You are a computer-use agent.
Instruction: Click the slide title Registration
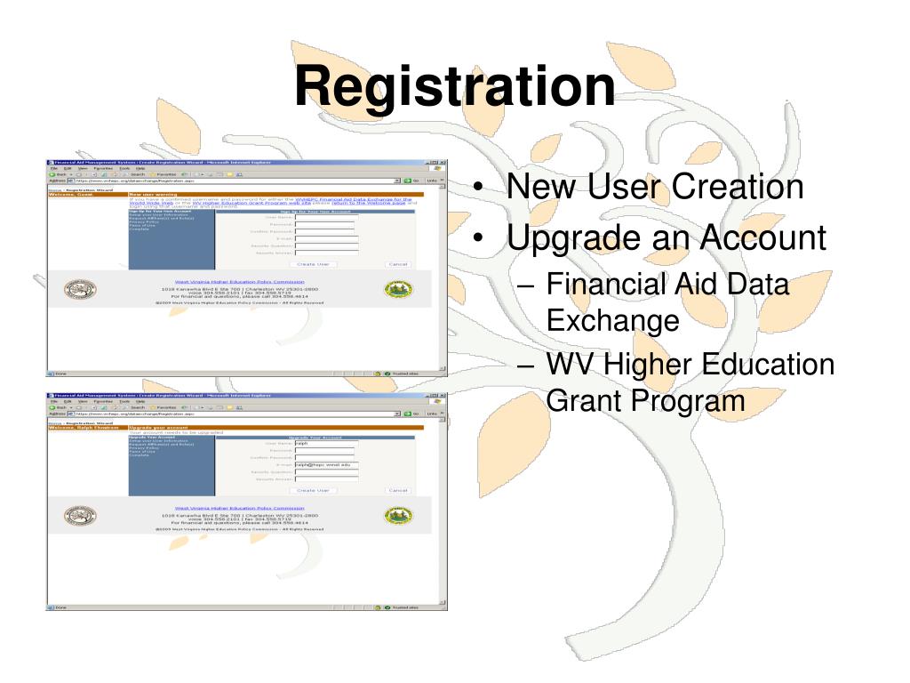[455, 87]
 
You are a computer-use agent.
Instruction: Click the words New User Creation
[655, 188]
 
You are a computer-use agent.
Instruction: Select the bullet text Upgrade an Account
[667, 238]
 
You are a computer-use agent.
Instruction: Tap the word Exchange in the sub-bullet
[612, 318]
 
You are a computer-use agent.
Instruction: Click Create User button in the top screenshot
[313, 264]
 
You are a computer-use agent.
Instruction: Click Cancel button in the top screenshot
[397, 264]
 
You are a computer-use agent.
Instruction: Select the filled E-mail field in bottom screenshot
[325, 464]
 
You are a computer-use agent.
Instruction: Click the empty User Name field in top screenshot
[325, 217]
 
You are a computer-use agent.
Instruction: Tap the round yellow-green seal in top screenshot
[397, 289]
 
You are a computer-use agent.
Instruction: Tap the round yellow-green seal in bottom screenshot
[397, 515]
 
